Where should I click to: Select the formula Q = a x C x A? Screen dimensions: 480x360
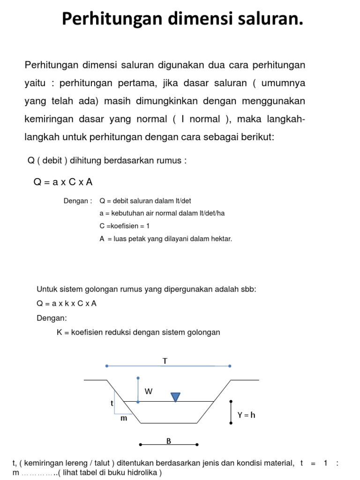(x=63, y=182)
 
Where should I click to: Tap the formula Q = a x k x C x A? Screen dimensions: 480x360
(x=67, y=303)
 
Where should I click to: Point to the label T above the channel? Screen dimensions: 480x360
(x=165, y=361)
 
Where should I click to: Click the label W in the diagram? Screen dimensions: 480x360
(x=149, y=392)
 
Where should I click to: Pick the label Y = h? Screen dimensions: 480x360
(x=247, y=415)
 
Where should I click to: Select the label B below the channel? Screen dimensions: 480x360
(x=169, y=440)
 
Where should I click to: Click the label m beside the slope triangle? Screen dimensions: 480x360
(x=124, y=418)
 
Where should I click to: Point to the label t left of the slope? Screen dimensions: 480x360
(x=112, y=403)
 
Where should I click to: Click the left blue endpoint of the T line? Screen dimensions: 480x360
(x=107, y=366)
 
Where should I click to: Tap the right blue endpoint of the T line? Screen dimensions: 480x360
(x=230, y=366)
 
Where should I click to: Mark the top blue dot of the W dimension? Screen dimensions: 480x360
(x=138, y=378)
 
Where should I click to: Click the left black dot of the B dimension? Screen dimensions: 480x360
(x=140, y=444)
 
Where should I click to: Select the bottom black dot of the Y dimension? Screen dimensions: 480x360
(x=231, y=423)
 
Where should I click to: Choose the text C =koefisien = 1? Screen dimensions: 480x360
(x=125, y=226)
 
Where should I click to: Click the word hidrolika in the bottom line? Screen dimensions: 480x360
(x=141, y=472)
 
